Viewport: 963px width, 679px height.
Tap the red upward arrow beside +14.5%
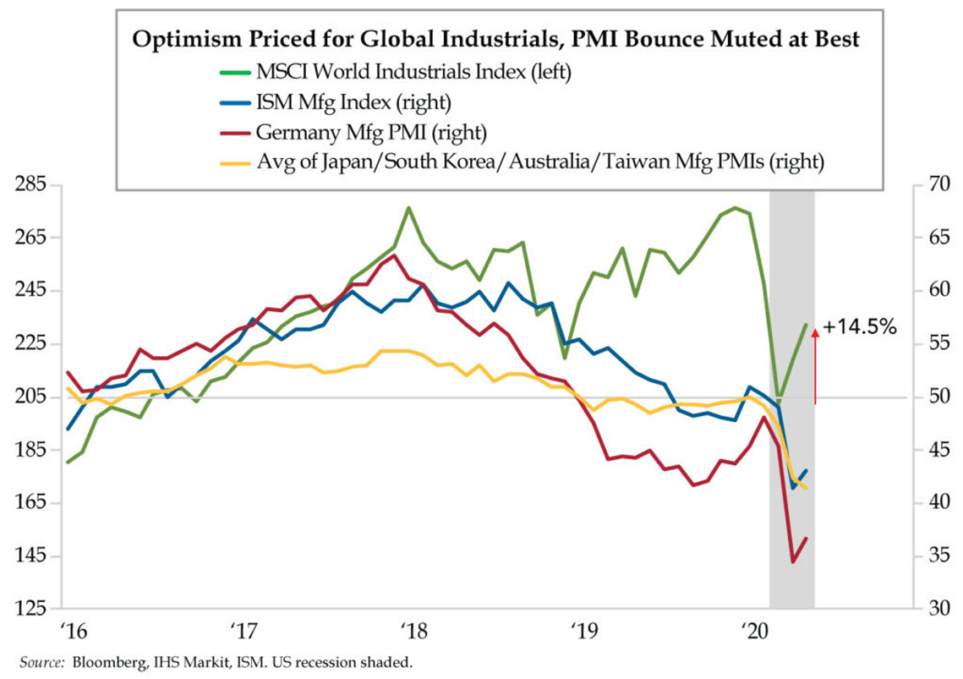coord(815,365)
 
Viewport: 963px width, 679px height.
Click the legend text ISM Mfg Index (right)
coord(352,102)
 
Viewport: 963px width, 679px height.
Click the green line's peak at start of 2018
coord(408,208)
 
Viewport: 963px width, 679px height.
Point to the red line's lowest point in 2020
coord(793,561)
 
